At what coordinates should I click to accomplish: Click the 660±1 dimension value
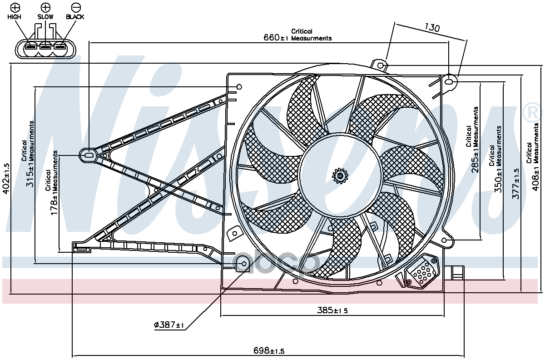276,38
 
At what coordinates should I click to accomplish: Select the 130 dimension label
432,28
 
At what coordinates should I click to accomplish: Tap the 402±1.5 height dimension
6,179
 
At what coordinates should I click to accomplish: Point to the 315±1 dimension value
31,175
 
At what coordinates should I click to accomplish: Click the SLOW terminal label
45,17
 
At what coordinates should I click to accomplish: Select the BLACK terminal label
75,17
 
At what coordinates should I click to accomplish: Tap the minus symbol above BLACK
76,7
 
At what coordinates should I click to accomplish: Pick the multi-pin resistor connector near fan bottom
422,272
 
